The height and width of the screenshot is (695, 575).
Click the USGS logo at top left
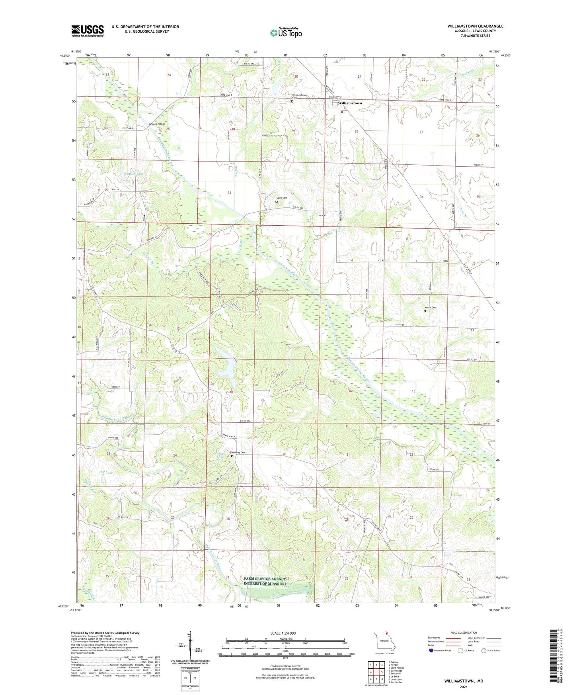pyautogui.click(x=87, y=31)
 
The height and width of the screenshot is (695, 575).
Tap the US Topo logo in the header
pyautogui.click(x=285, y=33)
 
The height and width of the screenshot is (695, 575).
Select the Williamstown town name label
pyautogui.click(x=350, y=103)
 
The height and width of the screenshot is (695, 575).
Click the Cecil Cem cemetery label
pyautogui.click(x=282, y=198)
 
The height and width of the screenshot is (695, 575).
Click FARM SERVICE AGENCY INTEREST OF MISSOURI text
pyautogui.click(x=265, y=581)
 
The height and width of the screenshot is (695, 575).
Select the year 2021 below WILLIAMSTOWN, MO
pyautogui.click(x=463, y=687)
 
